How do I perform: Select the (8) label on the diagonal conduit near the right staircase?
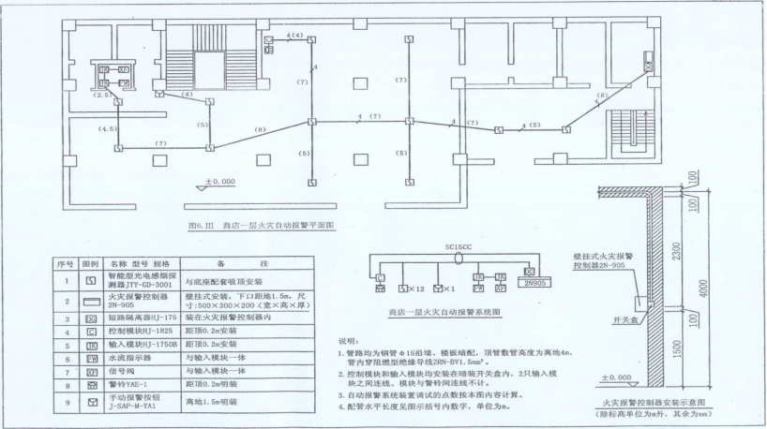pos(604,96)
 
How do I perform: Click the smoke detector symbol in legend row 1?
pos(90,279)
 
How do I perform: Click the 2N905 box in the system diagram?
pos(533,281)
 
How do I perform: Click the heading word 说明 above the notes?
pos(349,341)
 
